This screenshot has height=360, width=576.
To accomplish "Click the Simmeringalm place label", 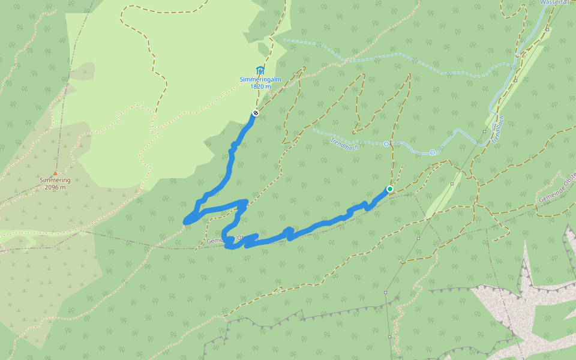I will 260,80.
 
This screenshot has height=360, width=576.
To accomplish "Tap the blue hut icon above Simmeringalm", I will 260,70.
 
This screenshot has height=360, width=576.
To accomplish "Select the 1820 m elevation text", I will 260,86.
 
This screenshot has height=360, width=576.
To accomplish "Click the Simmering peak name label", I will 55,180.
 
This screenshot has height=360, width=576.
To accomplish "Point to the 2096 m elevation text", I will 55,187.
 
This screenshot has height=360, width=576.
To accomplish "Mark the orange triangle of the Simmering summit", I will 55,173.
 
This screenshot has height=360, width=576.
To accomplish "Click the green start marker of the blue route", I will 389,189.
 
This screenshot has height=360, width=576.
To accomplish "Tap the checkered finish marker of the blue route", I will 256,113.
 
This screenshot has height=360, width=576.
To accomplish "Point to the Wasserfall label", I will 556,2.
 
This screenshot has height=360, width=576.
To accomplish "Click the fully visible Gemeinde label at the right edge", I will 556,190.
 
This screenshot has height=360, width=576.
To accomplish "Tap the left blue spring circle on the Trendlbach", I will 386,144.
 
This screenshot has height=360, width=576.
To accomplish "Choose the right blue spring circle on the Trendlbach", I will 432,152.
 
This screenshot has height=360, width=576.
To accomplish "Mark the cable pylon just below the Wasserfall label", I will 548,29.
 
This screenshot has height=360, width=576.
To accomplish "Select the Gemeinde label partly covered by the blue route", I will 222,239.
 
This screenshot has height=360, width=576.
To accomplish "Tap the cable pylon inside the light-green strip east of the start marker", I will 452,184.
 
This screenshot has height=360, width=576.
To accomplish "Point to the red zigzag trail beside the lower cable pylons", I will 395,324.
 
